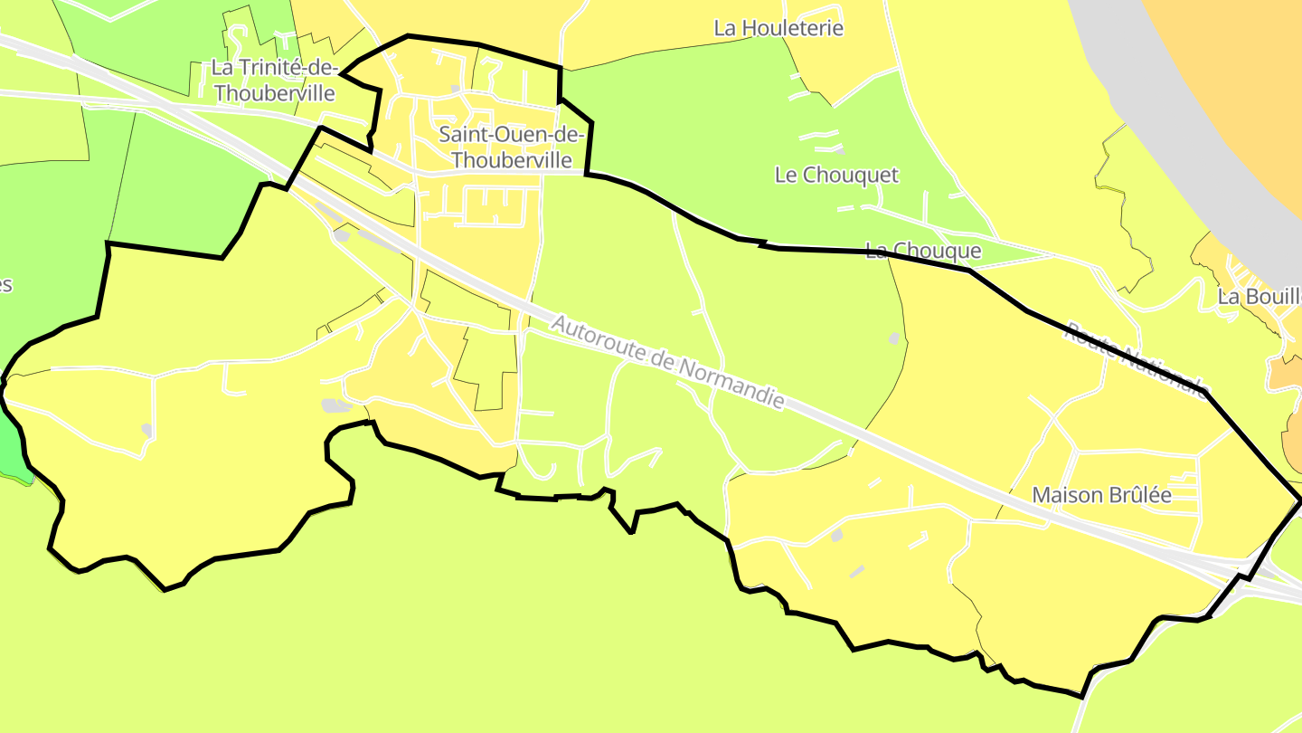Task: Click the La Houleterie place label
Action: [778, 28]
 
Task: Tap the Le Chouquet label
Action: [836, 175]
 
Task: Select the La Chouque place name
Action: [923, 251]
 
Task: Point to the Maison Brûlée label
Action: [1101, 495]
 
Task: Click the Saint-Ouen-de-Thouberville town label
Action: [512, 148]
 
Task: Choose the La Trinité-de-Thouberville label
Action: [275, 81]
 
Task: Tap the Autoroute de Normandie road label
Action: [667, 362]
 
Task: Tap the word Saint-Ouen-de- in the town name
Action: [512, 135]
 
